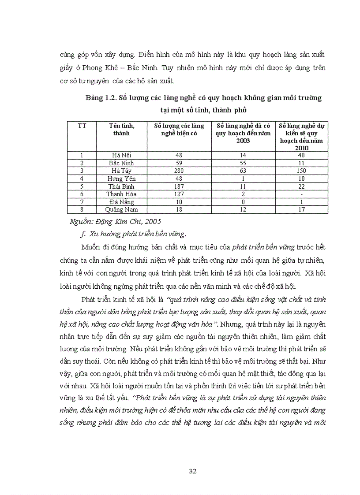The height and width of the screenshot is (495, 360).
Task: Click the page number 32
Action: point(192,471)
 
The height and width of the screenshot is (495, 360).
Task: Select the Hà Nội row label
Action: point(122,155)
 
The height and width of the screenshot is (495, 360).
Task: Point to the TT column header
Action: point(82,126)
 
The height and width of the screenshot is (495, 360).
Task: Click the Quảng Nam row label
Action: point(122,210)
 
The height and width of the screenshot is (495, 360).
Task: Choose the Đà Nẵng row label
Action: point(122,202)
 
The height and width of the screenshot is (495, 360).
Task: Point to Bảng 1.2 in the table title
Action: point(101,98)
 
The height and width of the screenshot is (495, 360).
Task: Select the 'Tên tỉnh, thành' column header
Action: point(122,129)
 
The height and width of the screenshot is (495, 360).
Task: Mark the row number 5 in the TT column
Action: point(82,186)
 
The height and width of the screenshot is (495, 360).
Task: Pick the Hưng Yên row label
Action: point(122,179)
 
